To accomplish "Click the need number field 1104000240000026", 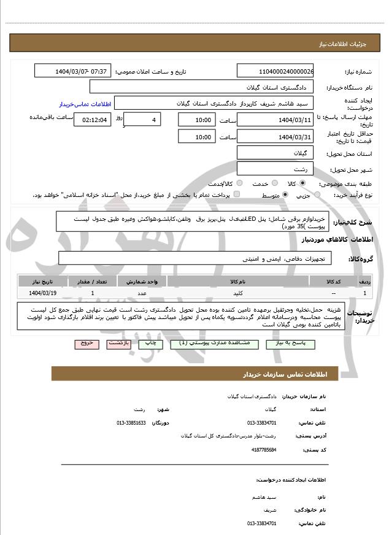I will tap(275, 71).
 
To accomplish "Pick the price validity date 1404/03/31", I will tap(275, 137).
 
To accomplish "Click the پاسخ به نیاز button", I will tap(287, 344).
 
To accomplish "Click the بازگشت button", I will tap(118, 344).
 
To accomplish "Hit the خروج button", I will tap(87, 344).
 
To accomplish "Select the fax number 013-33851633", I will tap(131, 423).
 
